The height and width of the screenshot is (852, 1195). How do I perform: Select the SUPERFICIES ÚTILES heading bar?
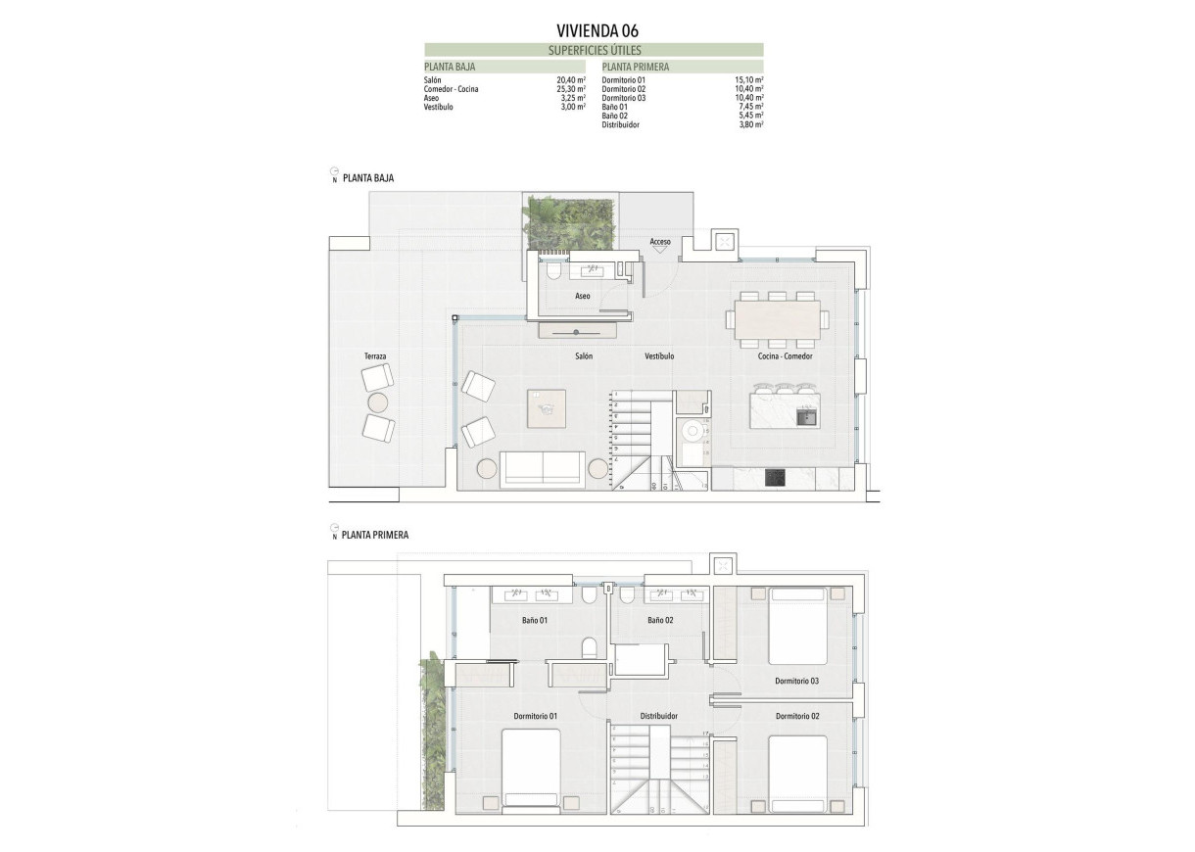(594, 49)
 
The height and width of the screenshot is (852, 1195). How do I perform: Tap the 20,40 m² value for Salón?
(571, 79)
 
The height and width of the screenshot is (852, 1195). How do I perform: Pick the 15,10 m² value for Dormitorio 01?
(749, 79)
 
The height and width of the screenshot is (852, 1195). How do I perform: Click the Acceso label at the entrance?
(660, 241)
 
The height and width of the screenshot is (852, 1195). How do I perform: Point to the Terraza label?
(375, 356)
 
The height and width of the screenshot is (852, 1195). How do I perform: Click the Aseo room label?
(583, 296)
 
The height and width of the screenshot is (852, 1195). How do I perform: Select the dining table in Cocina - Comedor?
(778, 318)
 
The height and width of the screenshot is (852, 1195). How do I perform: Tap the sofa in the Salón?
(543, 469)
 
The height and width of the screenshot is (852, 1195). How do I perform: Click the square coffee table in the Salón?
(547, 407)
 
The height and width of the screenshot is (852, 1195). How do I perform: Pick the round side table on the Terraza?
(377, 402)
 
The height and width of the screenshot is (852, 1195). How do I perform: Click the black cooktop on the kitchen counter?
(775, 478)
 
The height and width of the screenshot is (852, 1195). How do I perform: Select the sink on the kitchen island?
(806, 415)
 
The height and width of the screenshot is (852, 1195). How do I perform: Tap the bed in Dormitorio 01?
(531, 771)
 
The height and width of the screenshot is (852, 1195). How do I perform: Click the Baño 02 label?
(661, 620)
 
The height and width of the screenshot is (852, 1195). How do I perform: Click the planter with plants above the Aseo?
(568, 222)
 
